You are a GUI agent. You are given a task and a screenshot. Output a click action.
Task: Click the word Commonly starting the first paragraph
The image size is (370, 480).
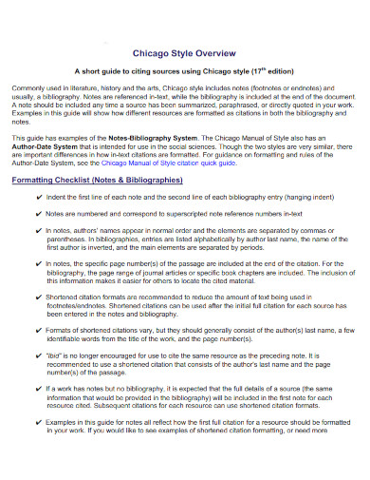28,87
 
